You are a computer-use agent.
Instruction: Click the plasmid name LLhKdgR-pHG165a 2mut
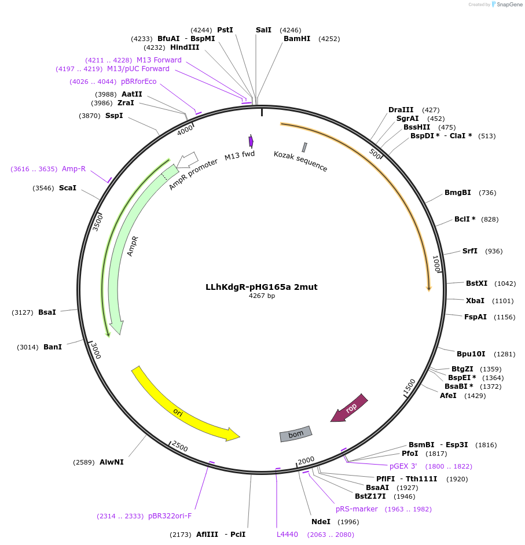pyautogui.click(x=262, y=287)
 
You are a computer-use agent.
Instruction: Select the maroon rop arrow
pyautogui.click(x=350, y=408)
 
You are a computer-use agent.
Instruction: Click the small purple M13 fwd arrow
pyautogui.click(x=251, y=141)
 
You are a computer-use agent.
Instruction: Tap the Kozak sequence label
pyautogui.click(x=300, y=161)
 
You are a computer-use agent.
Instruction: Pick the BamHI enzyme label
pyautogui.click(x=297, y=39)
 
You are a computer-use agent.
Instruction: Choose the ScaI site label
pyautogui.click(x=68, y=188)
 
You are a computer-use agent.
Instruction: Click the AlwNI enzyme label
pyautogui.click(x=112, y=462)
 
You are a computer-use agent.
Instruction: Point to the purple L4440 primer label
pyautogui.click(x=287, y=535)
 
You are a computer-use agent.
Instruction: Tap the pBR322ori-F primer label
pyautogui.click(x=170, y=516)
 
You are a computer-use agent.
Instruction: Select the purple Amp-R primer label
pyautogui.click(x=74, y=169)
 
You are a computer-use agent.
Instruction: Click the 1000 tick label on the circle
pyautogui.click(x=437, y=264)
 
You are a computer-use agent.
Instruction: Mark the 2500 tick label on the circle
pyautogui.click(x=179, y=447)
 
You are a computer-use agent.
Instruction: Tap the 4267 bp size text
pyautogui.click(x=262, y=296)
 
